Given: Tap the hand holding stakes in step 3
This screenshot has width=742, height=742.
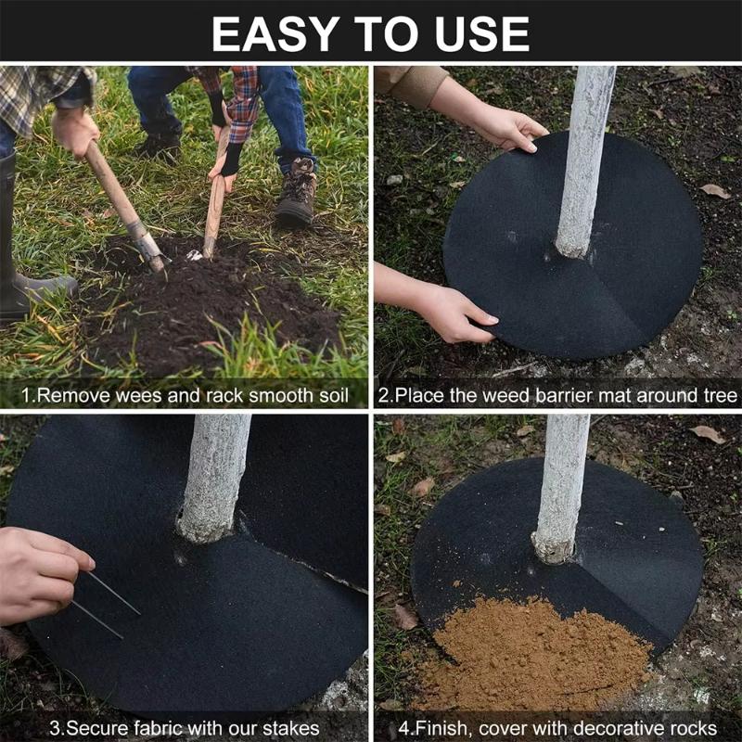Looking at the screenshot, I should pyautogui.click(x=37, y=575).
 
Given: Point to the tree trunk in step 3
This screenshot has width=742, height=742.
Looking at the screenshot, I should pyautogui.click(x=215, y=473).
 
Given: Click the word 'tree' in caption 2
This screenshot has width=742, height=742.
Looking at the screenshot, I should pyautogui.click(x=719, y=394).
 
